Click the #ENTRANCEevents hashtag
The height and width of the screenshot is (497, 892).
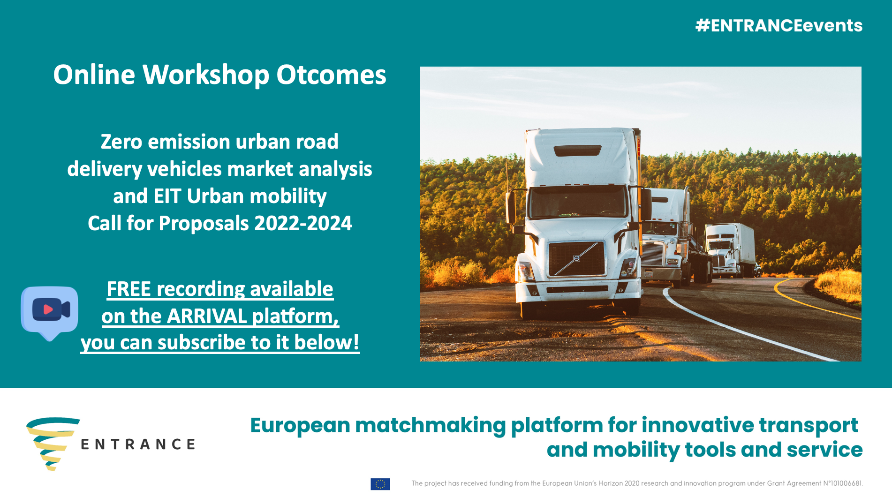[779, 25]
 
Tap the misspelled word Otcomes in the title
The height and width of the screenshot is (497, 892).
[331, 75]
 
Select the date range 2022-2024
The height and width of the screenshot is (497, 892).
[303, 223]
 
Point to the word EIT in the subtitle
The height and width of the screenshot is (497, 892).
[167, 196]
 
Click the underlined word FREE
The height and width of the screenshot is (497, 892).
[129, 289]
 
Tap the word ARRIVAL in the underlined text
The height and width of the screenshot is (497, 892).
[207, 316]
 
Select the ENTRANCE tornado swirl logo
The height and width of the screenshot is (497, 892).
[53, 444]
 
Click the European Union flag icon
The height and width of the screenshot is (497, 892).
[380, 484]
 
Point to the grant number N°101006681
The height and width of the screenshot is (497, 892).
[843, 483]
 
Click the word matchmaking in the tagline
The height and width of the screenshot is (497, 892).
[430, 426]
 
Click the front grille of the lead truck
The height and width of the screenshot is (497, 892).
[576, 259]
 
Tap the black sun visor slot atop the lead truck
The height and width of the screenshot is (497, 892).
[577, 151]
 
